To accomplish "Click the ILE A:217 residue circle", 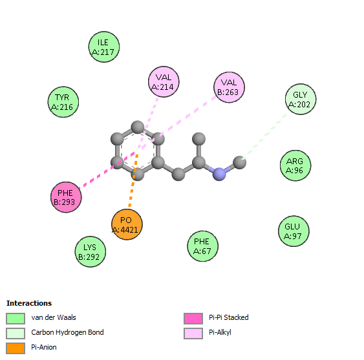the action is point(104,47).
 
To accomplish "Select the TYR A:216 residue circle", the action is point(63,102).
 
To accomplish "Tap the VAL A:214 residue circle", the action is point(164,81).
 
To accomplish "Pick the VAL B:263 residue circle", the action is point(229,87).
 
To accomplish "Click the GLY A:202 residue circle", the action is point(301,99).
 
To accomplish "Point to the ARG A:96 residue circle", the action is point(295,165).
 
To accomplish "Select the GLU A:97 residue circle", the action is point(294,231).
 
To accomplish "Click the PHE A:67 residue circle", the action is point(202,246).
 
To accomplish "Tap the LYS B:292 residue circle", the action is point(91,252).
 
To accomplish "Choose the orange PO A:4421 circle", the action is point(127,224).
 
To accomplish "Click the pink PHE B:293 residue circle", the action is point(66,197).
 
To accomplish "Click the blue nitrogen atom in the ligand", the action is point(219,174).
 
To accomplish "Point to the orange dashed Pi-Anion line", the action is point(133,180).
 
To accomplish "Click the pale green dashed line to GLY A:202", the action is point(265,135).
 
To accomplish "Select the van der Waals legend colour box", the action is point(16,319).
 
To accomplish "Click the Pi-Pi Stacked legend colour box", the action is point(193,319).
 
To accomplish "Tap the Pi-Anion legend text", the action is point(44,347).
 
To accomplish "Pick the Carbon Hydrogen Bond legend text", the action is point(67,332).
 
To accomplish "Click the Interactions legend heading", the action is point(29,303).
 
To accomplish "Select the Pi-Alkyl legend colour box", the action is point(193,334).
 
